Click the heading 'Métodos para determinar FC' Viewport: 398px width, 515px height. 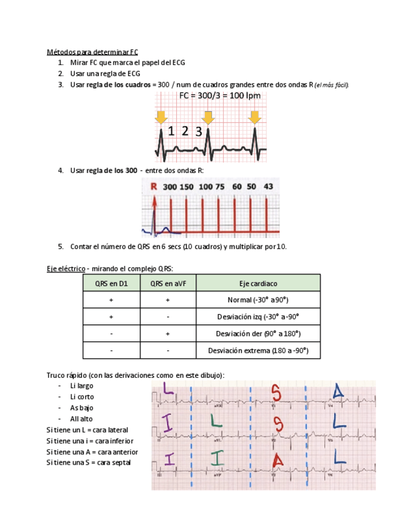tap(92, 52)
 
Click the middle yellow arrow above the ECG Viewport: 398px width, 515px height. tap(208, 117)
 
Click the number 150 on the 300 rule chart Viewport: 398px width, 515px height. tap(187, 186)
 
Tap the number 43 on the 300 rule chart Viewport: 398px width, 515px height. tap(268, 186)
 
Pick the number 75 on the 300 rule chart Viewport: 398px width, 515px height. tap(219, 186)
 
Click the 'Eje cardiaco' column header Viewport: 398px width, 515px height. tap(258, 283)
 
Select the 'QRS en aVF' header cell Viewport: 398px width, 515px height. tap(168, 283)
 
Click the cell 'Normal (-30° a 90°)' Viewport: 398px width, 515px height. tap(258, 300)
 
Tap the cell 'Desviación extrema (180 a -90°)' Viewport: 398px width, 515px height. tap(258, 350)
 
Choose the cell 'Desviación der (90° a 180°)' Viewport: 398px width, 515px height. tap(258, 333)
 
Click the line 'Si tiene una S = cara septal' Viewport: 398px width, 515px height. tap(89, 463)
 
